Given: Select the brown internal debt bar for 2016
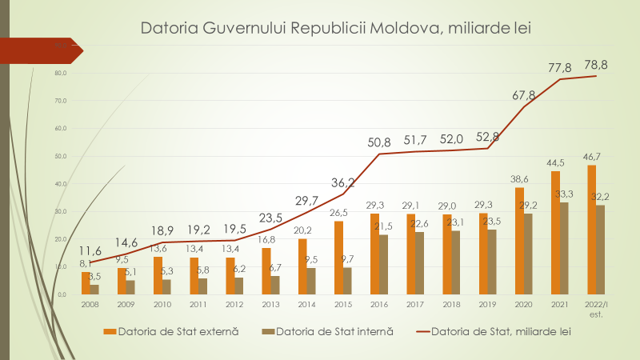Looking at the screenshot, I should pos(384,264).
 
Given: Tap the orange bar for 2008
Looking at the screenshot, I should pos(86,283).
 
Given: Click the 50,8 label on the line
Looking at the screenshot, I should pos(379,142).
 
